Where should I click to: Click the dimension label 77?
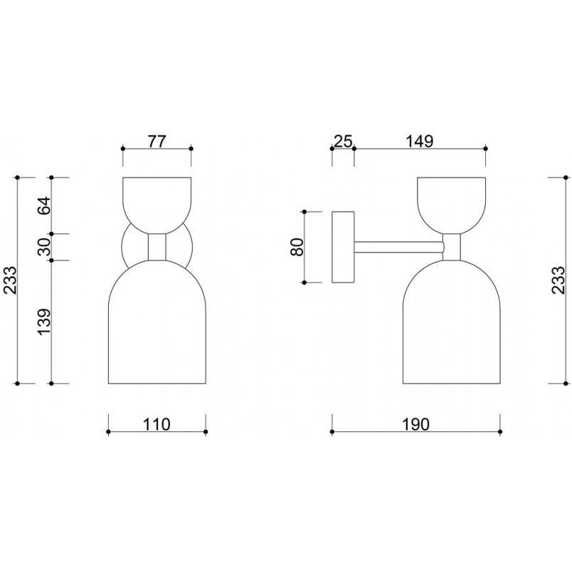click(x=157, y=141)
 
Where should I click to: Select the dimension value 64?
click(x=45, y=206)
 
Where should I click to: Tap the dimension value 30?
click(x=45, y=247)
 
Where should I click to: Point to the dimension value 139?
click(x=45, y=322)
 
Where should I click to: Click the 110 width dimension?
click(x=157, y=424)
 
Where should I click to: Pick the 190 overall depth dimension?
click(x=416, y=424)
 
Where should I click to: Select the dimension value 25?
click(x=344, y=141)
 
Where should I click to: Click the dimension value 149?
click(x=420, y=141)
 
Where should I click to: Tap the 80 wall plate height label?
click(x=297, y=247)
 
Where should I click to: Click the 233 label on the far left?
click(x=11, y=280)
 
